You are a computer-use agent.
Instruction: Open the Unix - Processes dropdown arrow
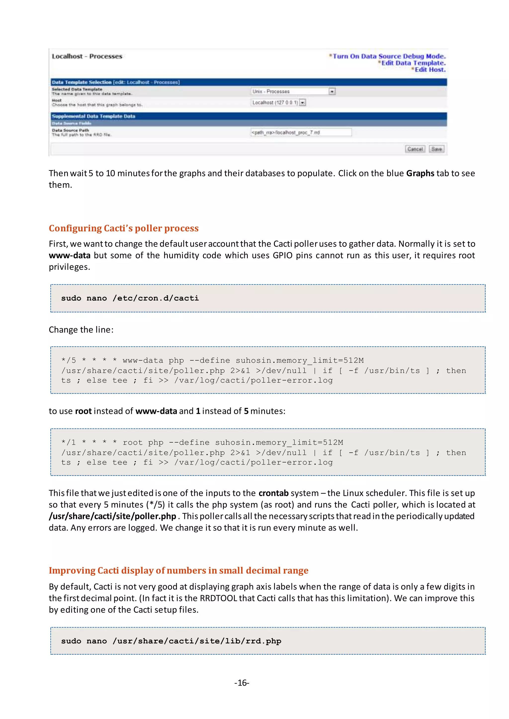332,91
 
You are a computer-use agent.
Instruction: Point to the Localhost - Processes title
87,56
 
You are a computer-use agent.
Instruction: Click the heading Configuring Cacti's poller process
124,228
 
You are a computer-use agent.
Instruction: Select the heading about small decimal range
178,571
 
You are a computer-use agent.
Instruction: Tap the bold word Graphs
420,173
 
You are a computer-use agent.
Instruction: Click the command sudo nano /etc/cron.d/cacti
130,298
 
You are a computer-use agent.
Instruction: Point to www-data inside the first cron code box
143,360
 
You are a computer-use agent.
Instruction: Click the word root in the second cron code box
132,442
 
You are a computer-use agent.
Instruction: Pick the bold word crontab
273,493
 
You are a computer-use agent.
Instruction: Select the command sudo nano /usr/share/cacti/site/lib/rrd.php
171,641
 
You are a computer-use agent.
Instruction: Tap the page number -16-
242,683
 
